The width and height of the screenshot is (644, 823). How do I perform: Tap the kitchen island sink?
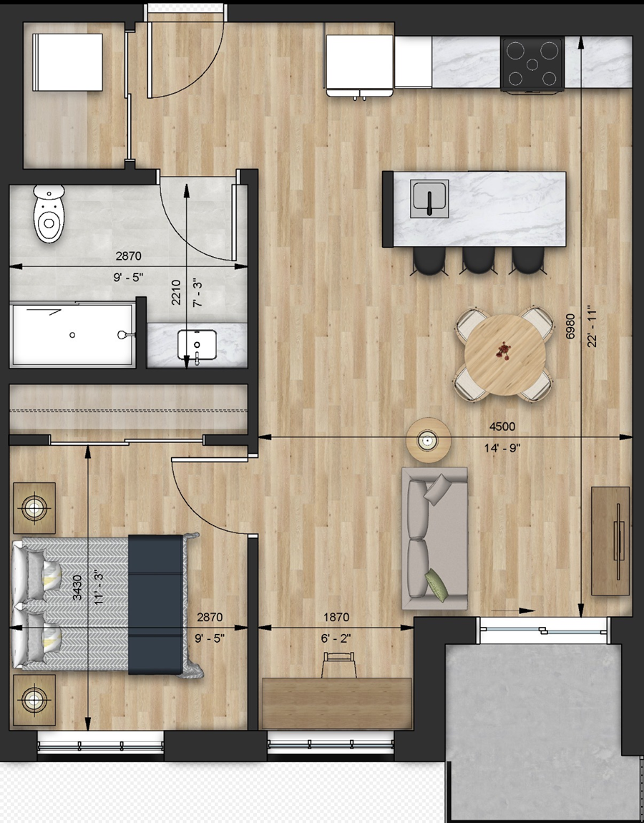(x=430, y=199)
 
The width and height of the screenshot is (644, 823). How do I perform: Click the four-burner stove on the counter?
(x=532, y=64)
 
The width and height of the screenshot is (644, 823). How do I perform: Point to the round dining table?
(x=504, y=355)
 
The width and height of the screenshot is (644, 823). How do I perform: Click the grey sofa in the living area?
(x=434, y=538)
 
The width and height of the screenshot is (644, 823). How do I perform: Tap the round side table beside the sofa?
(x=429, y=440)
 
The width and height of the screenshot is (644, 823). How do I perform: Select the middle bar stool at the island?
(x=479, y=260)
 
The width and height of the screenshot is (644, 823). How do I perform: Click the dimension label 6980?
(x=571, y=326)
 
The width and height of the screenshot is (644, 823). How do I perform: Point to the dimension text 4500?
(x=502, y=427)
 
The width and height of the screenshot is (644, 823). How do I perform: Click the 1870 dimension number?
(x=336, y=617)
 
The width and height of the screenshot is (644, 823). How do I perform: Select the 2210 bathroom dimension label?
(x=176, y=293)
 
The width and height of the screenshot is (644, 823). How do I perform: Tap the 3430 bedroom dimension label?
(x=77, y=588)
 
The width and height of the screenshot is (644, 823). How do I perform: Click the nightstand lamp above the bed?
(x=34, y=507)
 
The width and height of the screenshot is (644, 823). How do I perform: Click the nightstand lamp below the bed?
(x=34, y=700)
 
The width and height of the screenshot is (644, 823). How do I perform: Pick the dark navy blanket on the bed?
(x=156, y=604)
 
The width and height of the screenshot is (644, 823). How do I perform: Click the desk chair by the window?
(x=340, y=665)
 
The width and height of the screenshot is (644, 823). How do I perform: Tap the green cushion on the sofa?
(x=437, y=585)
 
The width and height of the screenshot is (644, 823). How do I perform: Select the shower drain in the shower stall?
(x=72, y=335)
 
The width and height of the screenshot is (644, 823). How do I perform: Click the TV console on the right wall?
(x=610, y=541)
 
